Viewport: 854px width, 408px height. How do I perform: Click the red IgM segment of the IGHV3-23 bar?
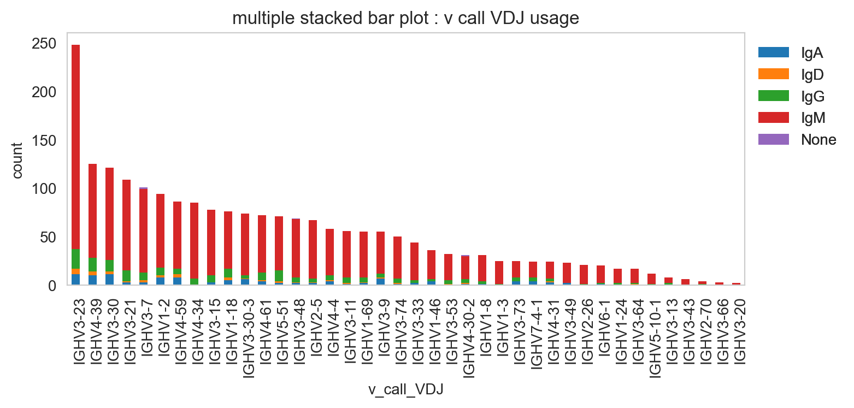coord(75,147)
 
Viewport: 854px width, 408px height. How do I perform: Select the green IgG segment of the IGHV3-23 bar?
coord(75,259)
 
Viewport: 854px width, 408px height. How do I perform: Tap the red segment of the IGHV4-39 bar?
coord(93,211)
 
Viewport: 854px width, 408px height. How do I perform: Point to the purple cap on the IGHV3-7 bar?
coord(143,188)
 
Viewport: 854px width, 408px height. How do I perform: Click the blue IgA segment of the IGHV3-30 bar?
coord(109,279)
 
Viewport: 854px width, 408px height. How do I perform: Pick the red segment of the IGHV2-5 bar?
coord(313,250)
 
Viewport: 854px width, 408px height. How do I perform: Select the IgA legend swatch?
coord(774,52)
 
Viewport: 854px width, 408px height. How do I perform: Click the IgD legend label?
coord(812,74)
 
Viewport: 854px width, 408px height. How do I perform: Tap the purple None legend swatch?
coord(774,139)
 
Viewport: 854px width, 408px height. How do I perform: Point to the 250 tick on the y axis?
coord(44,44)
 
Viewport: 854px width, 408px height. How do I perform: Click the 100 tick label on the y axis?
coord(44,189)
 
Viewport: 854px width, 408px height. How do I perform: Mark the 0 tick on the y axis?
coord(52,286)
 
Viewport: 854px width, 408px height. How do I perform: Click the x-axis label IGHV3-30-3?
coord(248,338)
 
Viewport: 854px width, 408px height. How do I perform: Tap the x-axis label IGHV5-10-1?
coord(655,338)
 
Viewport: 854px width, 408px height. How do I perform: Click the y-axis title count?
coord(17,161)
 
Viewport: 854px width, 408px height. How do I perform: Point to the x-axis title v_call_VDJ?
coord(405,389)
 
